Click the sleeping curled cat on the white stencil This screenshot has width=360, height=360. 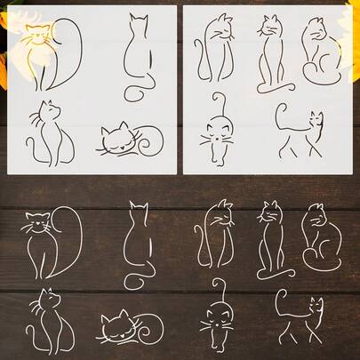click(x=129, y=140)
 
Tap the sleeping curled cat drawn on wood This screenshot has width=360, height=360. click(x=129, y=328)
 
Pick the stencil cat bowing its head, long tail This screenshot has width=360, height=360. click(x=214, y=49)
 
